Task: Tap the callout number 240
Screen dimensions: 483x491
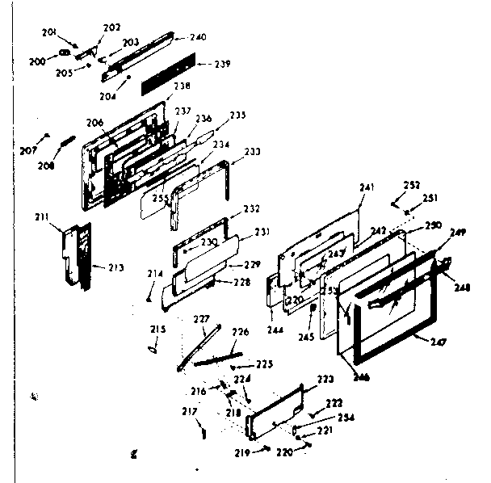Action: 198,37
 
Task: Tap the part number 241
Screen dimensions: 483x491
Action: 367,188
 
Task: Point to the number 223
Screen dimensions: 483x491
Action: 325,379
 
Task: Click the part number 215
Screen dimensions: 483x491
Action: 157,329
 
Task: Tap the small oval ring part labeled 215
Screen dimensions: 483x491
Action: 153,348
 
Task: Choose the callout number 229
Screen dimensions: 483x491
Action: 253,264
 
